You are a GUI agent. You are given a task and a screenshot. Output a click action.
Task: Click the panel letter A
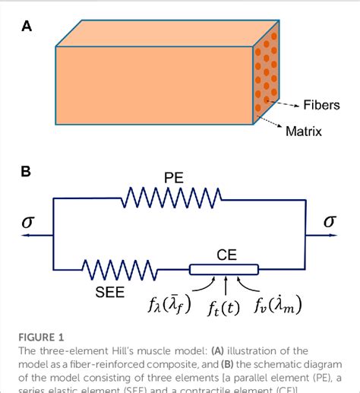27,27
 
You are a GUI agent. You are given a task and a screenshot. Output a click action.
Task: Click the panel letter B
27,172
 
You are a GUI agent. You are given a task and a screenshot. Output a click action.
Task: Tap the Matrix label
303,132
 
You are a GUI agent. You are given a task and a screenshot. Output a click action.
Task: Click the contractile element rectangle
224,268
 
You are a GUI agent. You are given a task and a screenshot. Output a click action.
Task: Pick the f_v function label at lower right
277,306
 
